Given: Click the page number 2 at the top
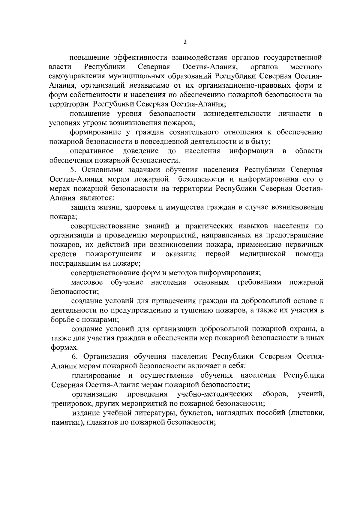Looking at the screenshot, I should pyautogui.click(x=184, y=42).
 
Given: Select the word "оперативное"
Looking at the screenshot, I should pyautogui.click(x=91, y=151).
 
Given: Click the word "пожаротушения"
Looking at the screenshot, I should pyautogui.click(x=114, y=254).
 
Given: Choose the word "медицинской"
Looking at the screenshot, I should pyautogui.click(x=262, y=254).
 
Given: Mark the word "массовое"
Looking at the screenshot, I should pyautogui.click(x=87, y=282).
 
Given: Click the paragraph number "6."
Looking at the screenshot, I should pyautogui.click(x=75, y=357).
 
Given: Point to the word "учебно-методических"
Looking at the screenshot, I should pyautogui.click(x=214, y=394).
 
